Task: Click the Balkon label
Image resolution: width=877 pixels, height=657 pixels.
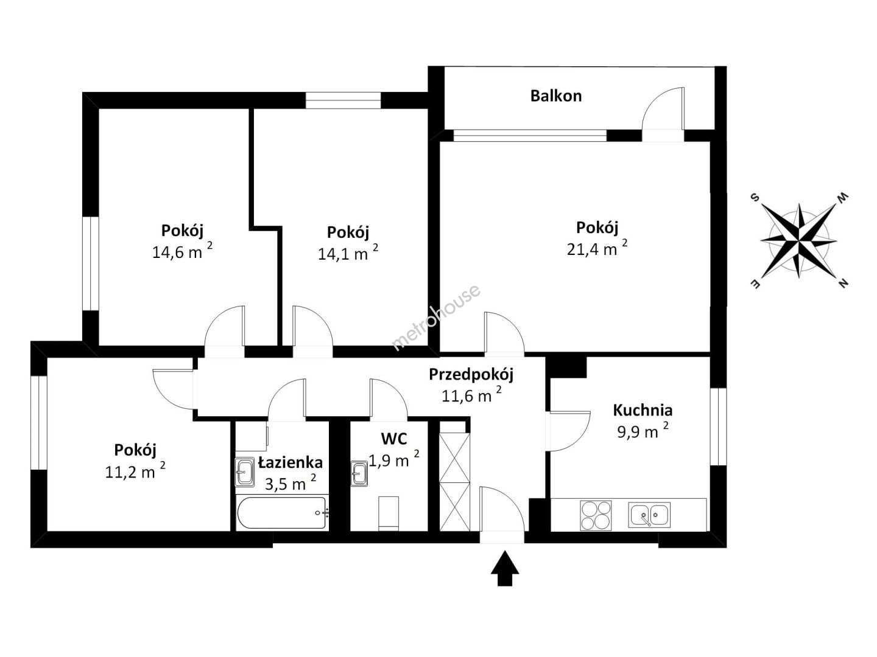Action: (555, 96)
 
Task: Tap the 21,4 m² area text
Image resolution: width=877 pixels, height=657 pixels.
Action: (596, 248)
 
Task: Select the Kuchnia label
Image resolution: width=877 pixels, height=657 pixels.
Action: (643, 410)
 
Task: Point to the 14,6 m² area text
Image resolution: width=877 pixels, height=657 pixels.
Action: (182, 251)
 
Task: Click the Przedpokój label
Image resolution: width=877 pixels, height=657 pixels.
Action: (471, 375)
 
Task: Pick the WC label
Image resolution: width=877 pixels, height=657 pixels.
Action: (394, 439)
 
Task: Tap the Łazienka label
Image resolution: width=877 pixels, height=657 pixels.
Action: (291, 462)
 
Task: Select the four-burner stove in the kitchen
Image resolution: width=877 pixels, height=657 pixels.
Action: (596, 515)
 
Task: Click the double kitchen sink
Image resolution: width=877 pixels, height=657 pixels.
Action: (649, 515)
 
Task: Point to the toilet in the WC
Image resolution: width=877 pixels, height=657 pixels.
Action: (389, 514)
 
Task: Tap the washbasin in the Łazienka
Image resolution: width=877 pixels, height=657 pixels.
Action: (244, 471)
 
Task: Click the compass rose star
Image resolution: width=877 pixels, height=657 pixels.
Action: (798, 241)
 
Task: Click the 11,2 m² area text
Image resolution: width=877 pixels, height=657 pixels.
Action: (135, 471)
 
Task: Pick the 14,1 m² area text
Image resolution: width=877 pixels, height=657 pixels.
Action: (348, 253)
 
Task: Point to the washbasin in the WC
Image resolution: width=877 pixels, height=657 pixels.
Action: (359, 473)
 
